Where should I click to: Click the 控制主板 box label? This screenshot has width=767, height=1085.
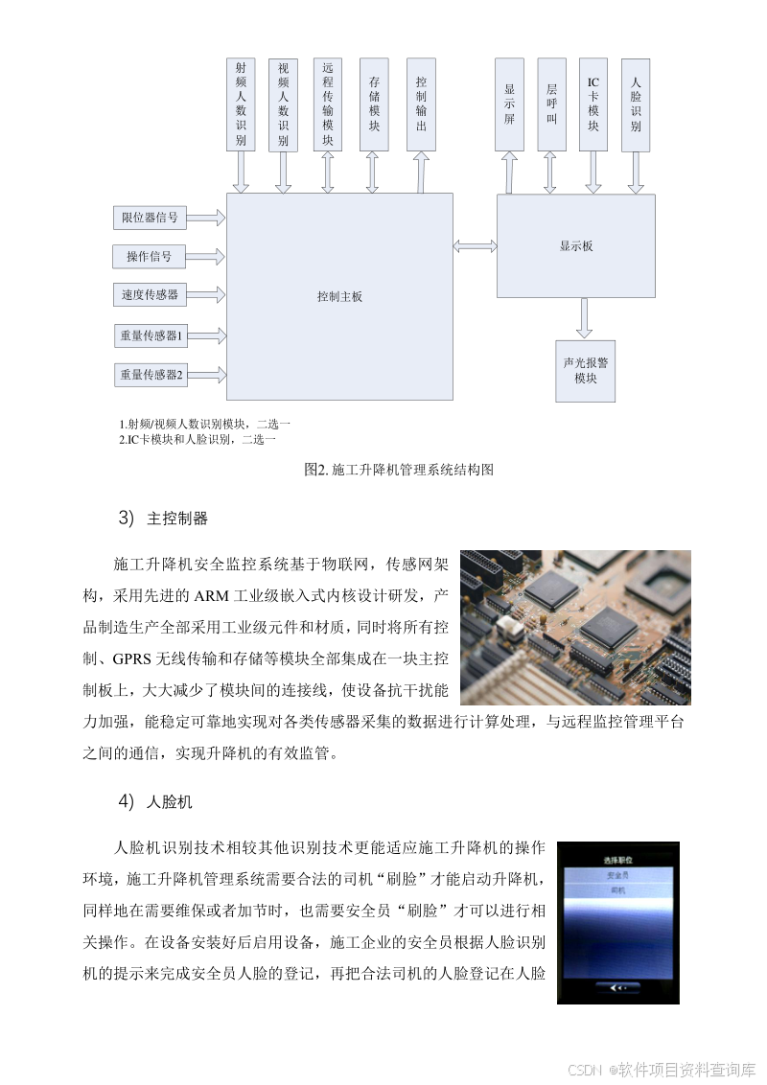tap(339, 297)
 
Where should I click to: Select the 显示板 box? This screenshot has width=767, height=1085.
tap(575, 246)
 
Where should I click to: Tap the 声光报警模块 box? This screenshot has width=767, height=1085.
tap(585, 371)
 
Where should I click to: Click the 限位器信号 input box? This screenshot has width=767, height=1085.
tap(150, 219)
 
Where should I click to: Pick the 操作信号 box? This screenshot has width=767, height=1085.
tap(150, 257)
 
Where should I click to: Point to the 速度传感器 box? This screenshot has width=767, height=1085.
tap(150, 295)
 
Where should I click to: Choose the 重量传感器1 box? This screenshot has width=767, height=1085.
tap(151, 335)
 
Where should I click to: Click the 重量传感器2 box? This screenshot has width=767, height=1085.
tap(151, 375)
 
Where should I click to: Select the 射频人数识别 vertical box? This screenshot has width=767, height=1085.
tap(241, 104)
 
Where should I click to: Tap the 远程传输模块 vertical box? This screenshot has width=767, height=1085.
tap(328, 104)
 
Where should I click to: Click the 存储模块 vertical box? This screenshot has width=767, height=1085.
tap(374, 104)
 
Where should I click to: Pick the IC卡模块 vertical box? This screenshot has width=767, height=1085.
tap(593, 104)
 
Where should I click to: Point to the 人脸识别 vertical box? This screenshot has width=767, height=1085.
tap(636, 104)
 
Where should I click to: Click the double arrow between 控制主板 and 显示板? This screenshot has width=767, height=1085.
tap(475, 247)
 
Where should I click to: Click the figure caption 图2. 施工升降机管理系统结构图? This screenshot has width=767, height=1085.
tap(398, 470)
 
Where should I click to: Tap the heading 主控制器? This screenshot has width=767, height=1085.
tap(177, 519)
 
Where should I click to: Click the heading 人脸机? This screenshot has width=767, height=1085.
tap(170, 801)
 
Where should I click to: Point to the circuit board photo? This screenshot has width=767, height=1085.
tap(575, 627)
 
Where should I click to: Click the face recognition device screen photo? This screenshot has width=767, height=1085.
tap(617, 922)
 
